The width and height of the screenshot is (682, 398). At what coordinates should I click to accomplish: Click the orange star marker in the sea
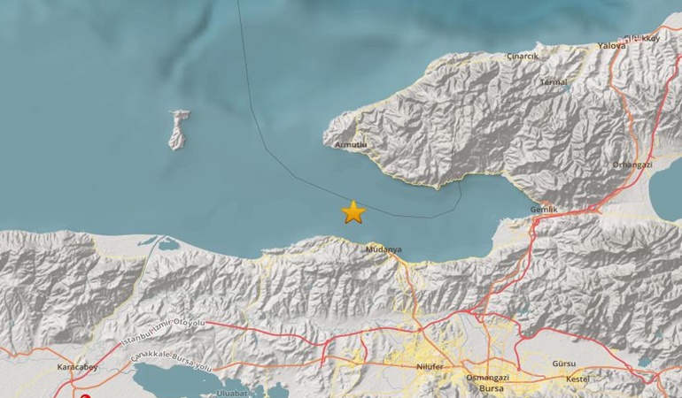coord(353,211)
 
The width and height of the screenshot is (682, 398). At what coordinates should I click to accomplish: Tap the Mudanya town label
coord(384,249)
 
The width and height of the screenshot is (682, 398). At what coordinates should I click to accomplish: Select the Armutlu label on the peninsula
coord(351,142)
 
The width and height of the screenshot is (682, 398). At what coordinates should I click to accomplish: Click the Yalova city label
coord(611,45)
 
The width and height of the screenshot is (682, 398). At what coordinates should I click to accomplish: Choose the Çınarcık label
coord(523,56)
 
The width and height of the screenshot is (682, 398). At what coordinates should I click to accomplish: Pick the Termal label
coord(554,82)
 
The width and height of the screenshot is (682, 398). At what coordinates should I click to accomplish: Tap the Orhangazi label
coord(632,165)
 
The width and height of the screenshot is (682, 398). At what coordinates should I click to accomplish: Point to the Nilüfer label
coord(429,365)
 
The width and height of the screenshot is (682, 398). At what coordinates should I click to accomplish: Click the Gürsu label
coord(563,364)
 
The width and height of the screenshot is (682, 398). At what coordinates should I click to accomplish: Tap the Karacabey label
coord(54,365)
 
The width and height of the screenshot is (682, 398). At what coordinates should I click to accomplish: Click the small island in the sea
coord(180,129)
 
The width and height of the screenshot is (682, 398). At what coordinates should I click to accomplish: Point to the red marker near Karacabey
coord(85,387)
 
